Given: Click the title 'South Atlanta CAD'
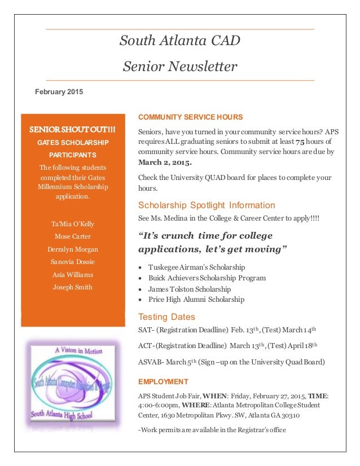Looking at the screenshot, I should (x=179, y=41).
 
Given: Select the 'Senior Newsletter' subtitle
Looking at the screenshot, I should (x=179, y=67).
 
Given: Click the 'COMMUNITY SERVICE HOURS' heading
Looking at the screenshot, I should (x=190, y=117).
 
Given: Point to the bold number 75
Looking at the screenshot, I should (x=301, y=141).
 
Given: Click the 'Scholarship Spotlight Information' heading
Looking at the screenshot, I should (x=207, y=205).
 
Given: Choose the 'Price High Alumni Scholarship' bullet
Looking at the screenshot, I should (x=196, y=300).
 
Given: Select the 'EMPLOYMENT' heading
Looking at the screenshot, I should (x=163, y=381).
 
